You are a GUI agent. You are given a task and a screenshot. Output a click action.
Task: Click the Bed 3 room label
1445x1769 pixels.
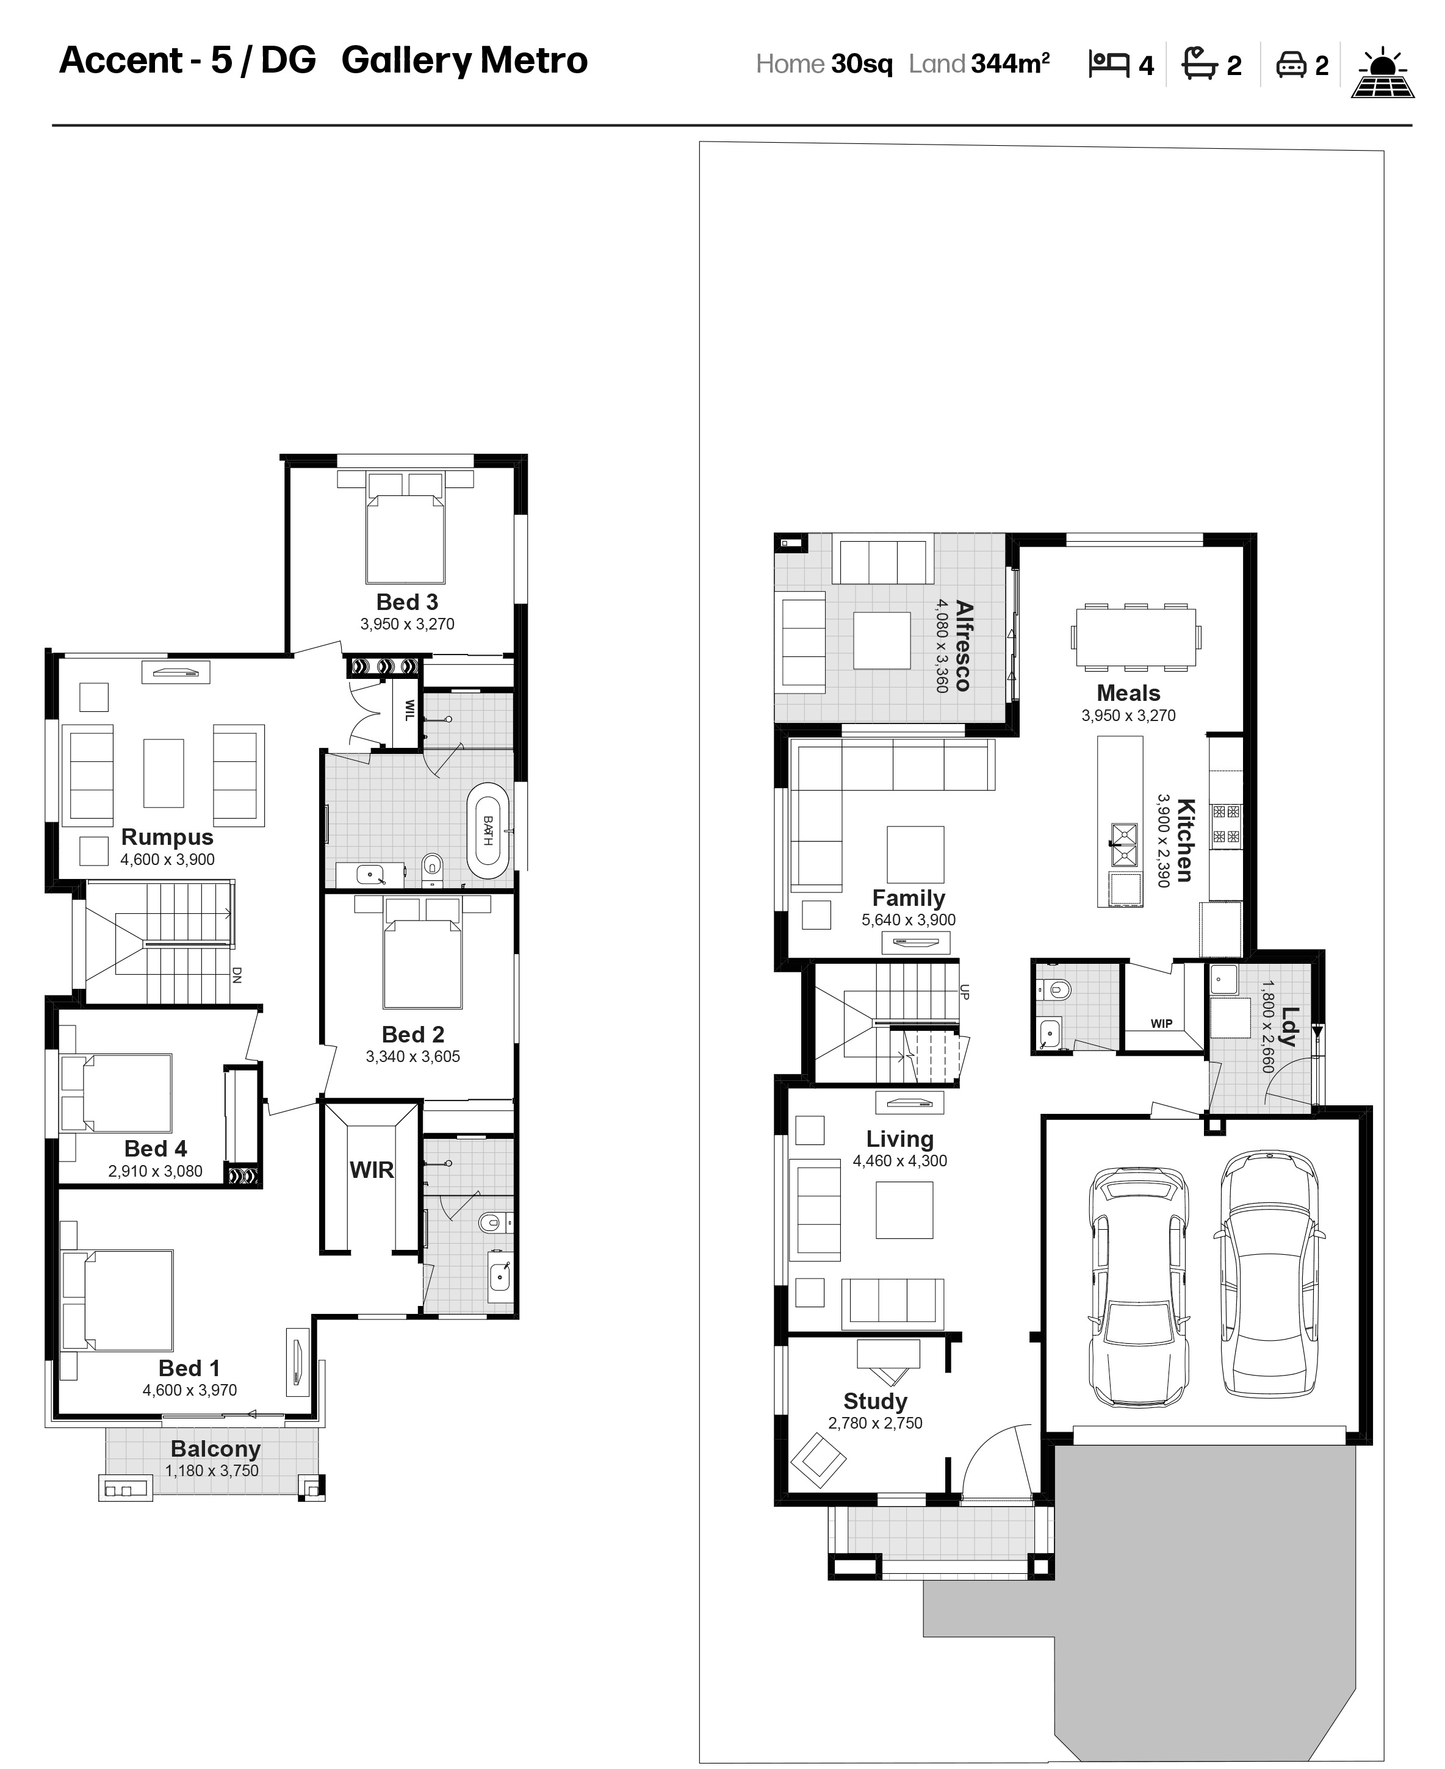[407, 601]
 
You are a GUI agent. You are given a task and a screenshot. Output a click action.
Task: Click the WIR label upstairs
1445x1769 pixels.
[371, 1170]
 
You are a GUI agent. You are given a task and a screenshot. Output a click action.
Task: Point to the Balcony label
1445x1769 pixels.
[215, 1449]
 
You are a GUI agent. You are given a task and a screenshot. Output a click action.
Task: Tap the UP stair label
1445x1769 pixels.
[965, 991]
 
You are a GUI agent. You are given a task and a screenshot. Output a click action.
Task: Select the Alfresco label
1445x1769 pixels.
[963, 646]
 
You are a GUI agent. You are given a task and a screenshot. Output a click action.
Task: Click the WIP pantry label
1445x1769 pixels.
[1161, 1024]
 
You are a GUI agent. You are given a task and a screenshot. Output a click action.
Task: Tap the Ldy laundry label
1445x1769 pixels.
[1289, 1027]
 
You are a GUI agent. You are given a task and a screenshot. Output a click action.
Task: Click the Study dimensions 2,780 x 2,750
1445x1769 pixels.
[875, 1423]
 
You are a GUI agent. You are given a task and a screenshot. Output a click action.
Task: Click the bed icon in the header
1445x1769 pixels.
[1109, 64]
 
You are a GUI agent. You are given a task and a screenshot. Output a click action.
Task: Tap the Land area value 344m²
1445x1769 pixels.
[1011, 63]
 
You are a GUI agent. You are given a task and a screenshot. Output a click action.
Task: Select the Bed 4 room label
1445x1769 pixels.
[156, 1148]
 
